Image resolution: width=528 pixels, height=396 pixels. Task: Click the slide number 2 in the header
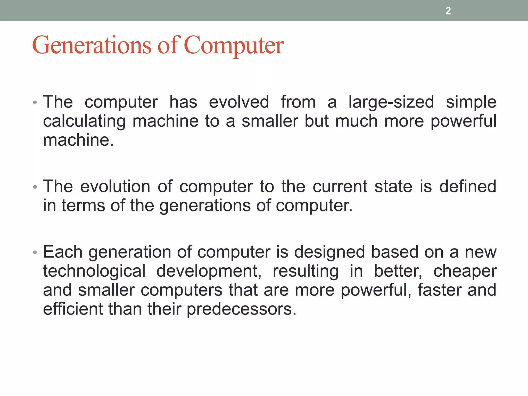click(x=448, y=11)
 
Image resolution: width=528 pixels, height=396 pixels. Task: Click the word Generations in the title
click(x=92, y=45)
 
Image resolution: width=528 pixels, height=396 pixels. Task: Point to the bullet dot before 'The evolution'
click(x=35, y=187)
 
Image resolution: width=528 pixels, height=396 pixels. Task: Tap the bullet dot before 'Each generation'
click(x=35, y=253)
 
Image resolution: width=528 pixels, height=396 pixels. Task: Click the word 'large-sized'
click(x=391, y=102)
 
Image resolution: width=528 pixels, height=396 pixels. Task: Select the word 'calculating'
click(x=84, y=121)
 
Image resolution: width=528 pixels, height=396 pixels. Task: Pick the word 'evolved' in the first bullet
click(x=239, y=102)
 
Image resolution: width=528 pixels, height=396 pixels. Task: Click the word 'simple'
click(x=471, y=102)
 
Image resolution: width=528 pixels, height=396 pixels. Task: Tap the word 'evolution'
click(x=115, y=187)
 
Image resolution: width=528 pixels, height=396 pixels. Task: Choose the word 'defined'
click(x=468, y=187)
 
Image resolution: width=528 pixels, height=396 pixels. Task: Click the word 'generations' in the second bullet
click(x=205, y=206)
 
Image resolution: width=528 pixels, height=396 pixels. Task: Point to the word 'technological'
click(x=94, y=271)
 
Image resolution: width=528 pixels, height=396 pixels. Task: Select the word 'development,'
click(x=209, y=271)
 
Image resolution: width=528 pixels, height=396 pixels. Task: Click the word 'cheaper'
click(x=465, y=271)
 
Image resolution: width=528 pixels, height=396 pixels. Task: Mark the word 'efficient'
click(x=73, y=309)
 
